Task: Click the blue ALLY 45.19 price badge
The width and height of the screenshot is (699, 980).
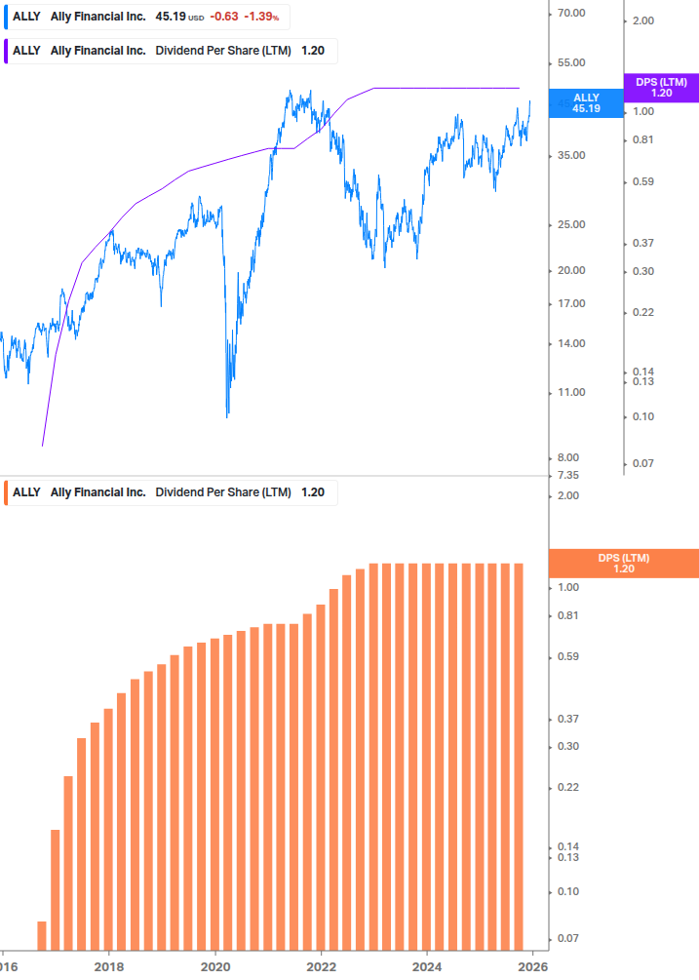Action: coord(586,103)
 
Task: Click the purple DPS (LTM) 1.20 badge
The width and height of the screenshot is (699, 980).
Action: coord(661,88)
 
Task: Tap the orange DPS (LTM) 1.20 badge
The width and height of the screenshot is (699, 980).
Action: coord(624,564)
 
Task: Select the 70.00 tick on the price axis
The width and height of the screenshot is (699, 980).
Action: coord(570,13)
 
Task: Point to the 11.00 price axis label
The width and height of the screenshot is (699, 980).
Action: coord(570,393)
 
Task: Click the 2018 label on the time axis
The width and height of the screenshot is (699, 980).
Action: coord(109,966)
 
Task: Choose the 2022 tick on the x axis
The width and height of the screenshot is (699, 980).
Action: coord(322,966)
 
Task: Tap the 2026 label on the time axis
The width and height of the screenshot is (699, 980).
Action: coord(531,966)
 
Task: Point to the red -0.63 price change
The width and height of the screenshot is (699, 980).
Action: coord(225,17)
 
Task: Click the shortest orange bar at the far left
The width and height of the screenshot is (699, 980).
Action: coord(42,935)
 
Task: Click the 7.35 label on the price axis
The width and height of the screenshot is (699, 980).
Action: coord(570,475)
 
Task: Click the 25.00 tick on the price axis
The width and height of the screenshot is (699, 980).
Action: coord(570,225)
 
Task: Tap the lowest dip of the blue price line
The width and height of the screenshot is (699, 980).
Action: coord(227,416)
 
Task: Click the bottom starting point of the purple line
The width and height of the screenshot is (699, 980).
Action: coord(43,446)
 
